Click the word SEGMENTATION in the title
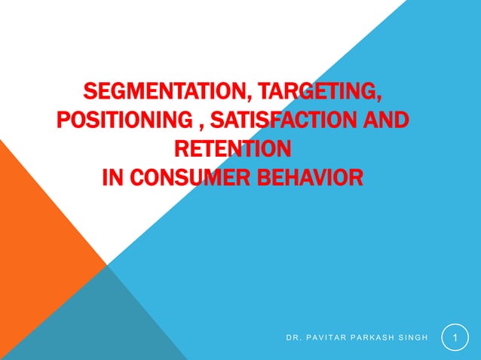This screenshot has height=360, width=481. (161, 93)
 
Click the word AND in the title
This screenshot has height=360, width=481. (388, 121)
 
